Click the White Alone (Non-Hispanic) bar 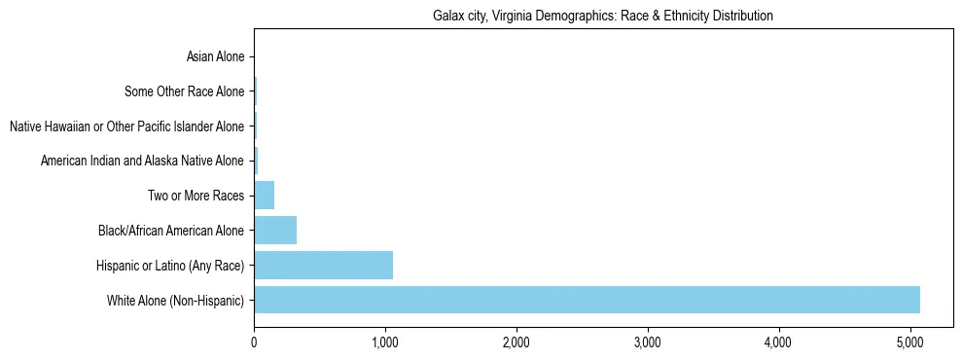pos(587,300)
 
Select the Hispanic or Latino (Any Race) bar pos(323,265)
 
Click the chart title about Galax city pos(602,16)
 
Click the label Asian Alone pos(215,57)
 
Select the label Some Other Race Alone pos(185,92)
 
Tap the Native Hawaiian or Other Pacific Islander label pos(126,126)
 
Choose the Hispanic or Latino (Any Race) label pos(170,265)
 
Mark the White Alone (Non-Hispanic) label pos(176,300)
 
